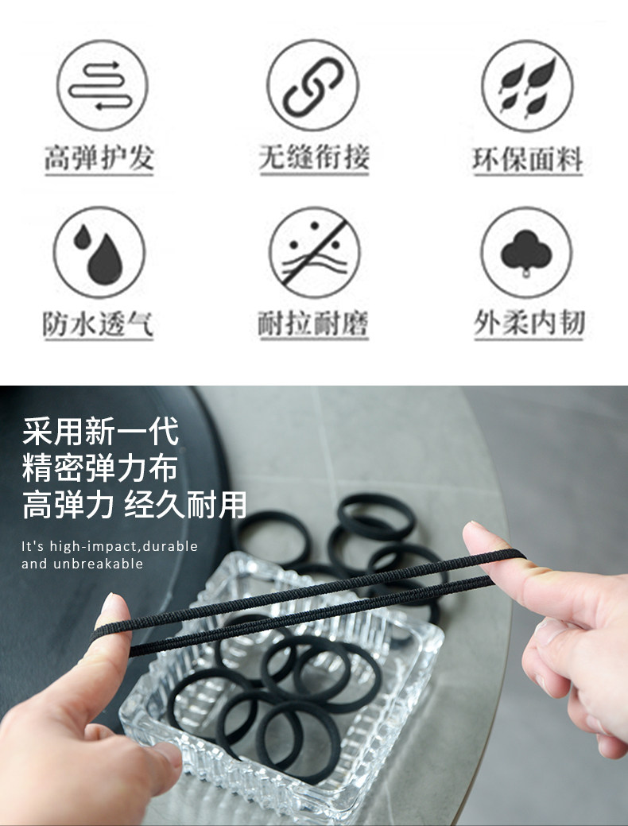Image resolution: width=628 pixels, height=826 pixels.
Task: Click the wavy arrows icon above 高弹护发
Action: point(102,85)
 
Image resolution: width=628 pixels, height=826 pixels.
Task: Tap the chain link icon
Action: point(313,85)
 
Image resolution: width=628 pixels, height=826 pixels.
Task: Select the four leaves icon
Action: point(527,86)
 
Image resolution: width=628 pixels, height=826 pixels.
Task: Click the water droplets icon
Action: point(99,253)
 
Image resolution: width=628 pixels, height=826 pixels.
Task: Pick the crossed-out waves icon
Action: point(315,253)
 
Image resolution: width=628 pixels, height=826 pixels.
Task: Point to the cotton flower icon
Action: point(526,253)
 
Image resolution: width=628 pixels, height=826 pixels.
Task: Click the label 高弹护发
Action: point(99,157)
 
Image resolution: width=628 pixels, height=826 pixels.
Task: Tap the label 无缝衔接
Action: point(314,157)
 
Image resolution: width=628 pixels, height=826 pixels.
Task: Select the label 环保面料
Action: point(528,159)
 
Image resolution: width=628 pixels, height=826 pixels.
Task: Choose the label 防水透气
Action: point(98,324)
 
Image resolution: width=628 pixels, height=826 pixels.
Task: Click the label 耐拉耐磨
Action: point(313,324)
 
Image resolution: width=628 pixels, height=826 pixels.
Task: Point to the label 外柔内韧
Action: point(529,323)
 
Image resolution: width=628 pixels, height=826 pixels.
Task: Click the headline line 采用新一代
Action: point(101,432)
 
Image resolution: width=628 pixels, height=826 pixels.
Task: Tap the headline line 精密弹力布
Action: point(99,467)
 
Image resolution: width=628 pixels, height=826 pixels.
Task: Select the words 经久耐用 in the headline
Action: point(185,504)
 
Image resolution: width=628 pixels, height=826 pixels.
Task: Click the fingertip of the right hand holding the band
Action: point(477,532)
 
